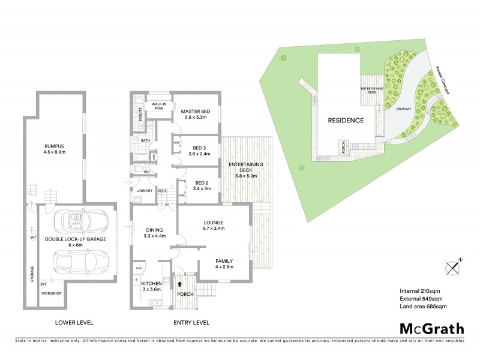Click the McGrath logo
pyautogui.click(x=432, y=328)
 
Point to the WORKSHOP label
pyautogui.click(x=50, y=294)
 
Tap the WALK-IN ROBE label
pyautogui.click(x=159, y=106)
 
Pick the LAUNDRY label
pyautogui.click(x=143, y=191)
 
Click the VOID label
pyautogui.click(x=162, y=191)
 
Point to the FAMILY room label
pyautogui.click(x=224, y=261)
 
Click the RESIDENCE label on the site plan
pyautogui.click(x=345, y=120)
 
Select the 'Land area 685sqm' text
pyautogui.click(x=423, y=307)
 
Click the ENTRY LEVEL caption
pyautogui.click(x=191, y=322)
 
